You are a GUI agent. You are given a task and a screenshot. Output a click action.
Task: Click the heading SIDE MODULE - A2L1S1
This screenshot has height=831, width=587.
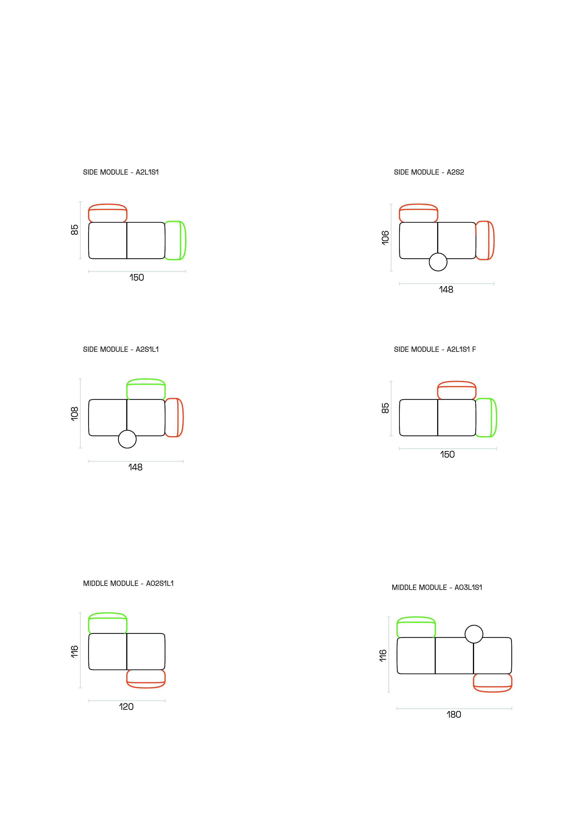point(121,172)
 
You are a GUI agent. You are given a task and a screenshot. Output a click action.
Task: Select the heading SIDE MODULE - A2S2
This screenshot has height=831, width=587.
point(429,172)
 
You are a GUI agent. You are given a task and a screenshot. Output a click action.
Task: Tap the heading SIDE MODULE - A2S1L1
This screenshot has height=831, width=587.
point(121,349)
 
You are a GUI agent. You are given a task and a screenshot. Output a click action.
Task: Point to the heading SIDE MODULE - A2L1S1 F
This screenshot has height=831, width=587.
point(435,349)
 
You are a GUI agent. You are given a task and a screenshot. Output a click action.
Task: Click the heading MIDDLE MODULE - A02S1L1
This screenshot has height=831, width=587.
point(128,583)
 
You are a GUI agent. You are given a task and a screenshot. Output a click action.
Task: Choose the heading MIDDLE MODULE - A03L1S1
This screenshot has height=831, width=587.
point(437,587)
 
